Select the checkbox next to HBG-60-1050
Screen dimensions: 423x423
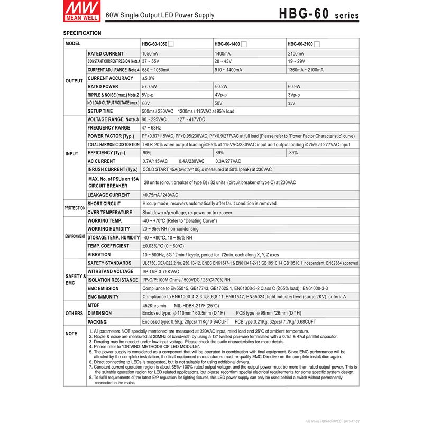pyautogui.click(x=171, y=44)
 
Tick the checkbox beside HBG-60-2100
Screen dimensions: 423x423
pyautogui.click(x=317, y=44)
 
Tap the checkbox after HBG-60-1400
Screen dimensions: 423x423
pyautogui.click(x=244, y=44)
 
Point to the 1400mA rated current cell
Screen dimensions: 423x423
pyautogui.click(x=222, y=53)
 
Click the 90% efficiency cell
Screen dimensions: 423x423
pyautogui.click(x=147, y=153)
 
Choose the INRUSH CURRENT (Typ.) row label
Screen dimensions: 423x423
pyautogui.click(x=112, y=169)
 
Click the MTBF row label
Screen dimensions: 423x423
pyautogui.click(x=94, y=305)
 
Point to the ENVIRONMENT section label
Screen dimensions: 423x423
pyautogui.click(x=75, y=236)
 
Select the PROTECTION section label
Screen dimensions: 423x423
pyautogui.click(x=75, y=208)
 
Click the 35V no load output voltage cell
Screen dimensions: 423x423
pyautogui.click(x=292, y=103)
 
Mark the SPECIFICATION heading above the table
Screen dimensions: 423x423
pyautogui.click(x=82, y=33)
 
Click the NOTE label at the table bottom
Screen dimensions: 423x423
pyautogui.click(x=71, y=334)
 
